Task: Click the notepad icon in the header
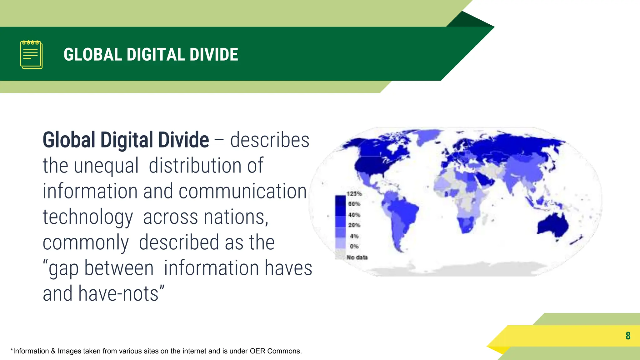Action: [x=31, y=54]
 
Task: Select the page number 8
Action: [x=628, y=336]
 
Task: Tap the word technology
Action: [x=88, y=217]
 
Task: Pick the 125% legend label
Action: [x=354, y=194]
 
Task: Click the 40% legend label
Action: [x=354, y=215]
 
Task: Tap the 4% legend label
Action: [x=354, y=236]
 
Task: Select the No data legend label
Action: [x=357, y=257]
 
